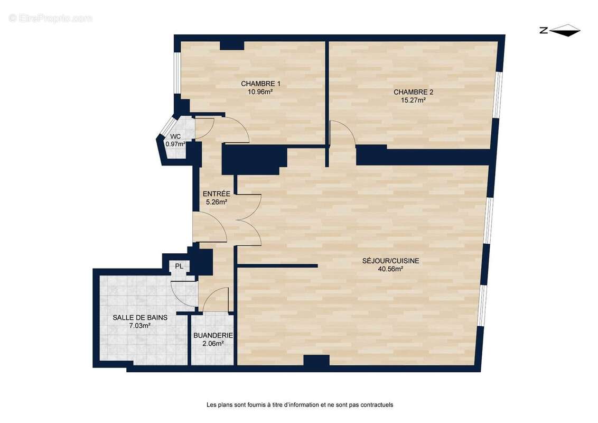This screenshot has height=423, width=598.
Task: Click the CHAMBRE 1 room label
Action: click(260, 84)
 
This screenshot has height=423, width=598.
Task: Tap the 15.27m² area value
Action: click(409, 100)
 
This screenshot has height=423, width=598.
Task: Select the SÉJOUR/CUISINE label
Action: click(391, 261)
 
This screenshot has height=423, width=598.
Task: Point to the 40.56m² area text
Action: click(390, 269)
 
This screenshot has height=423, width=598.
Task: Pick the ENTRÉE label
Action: click(217, 194)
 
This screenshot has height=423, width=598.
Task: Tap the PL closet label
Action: click(179, 266)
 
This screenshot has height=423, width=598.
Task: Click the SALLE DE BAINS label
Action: click(140, 318)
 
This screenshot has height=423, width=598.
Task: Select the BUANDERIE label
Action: click(213, 335)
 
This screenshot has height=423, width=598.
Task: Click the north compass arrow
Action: click(565, 31)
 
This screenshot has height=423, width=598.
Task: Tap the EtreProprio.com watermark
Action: click(51, 18)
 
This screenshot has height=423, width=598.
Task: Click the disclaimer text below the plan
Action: click(300, 405)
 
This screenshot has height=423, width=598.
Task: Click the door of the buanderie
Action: click(217, 300)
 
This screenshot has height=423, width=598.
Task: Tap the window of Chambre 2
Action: click(497, 94)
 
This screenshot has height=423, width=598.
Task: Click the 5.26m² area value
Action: click(216, 201)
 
